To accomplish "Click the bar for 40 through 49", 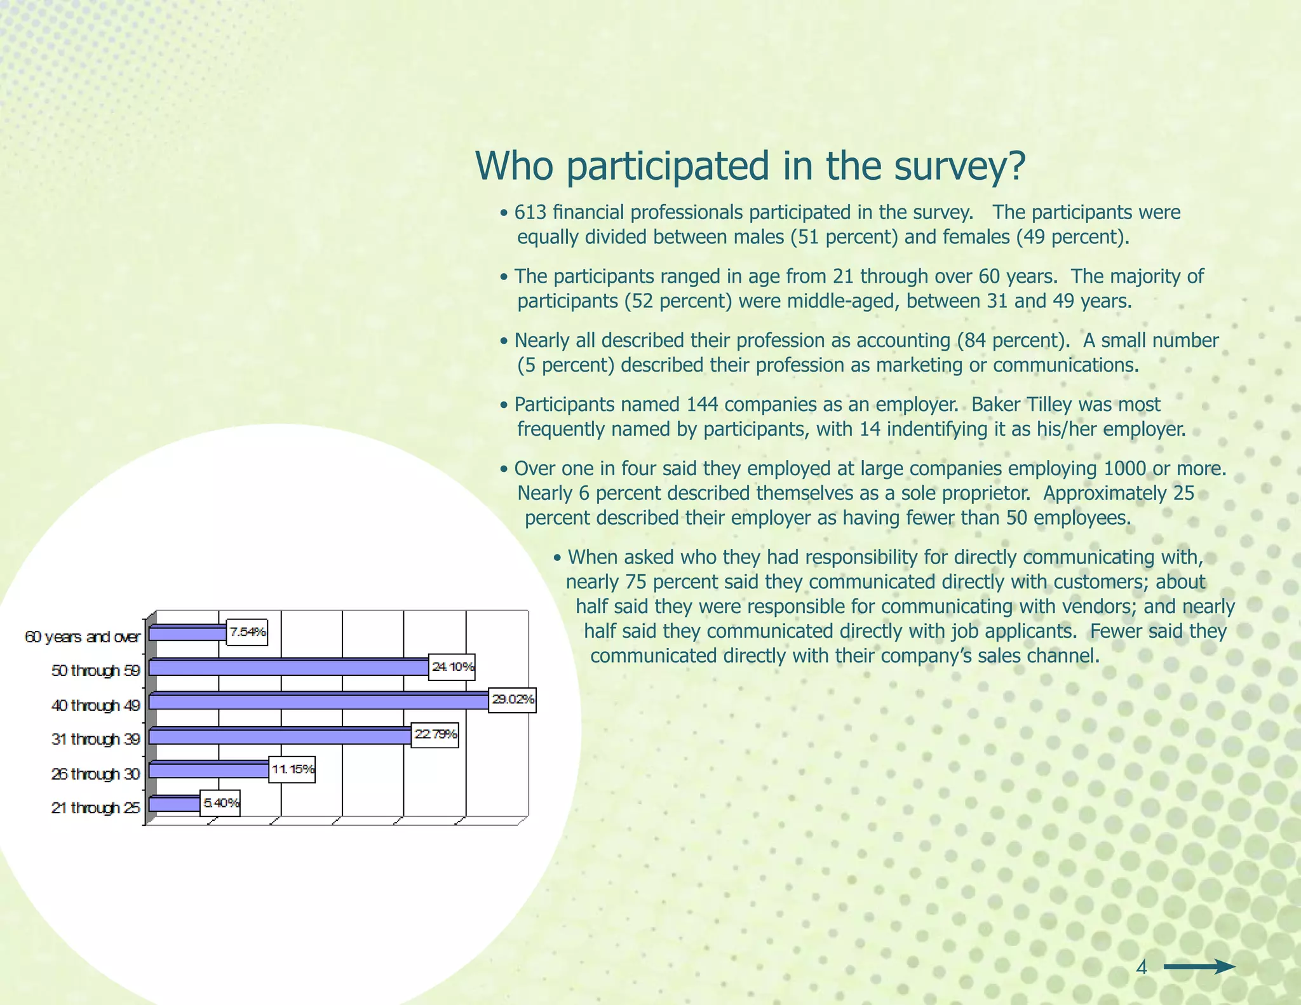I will point(318,701).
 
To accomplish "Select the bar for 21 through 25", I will point(174,804).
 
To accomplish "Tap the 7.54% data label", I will point(247,632).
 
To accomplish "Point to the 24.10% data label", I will point(452,667).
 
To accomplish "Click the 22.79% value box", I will point(435,735).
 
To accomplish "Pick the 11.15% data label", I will point(292,770).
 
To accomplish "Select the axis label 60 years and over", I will point(82,637).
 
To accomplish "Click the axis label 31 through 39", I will point(95,739).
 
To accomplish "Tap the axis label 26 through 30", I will point(95,774).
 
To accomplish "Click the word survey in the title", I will point(959,166).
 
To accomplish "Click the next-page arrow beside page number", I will point(1199,968).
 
